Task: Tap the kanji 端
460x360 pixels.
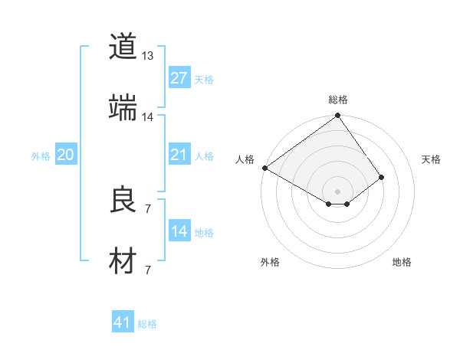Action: pos(123,107)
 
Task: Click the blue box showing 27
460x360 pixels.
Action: pos(179,78)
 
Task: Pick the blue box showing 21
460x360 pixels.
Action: pos(179,155)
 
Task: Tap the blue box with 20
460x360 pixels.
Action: pos(65,155)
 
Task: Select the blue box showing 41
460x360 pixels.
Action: pos(123,323)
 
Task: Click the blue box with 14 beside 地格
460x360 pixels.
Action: pos(179,232)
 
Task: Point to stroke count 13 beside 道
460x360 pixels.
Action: pos(148,56)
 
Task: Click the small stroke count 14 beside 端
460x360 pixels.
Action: pos(148,117)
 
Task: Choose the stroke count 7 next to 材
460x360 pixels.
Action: pos(147,270)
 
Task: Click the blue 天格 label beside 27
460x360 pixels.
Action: pos(204,79)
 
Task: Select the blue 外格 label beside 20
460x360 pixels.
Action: pos(41,156)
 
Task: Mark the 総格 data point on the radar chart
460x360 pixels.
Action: pos(337,116)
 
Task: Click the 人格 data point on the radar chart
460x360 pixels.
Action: pos(264,168)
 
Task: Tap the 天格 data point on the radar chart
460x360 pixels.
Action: pos(381,177)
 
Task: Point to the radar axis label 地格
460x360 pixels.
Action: pos(402,262)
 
